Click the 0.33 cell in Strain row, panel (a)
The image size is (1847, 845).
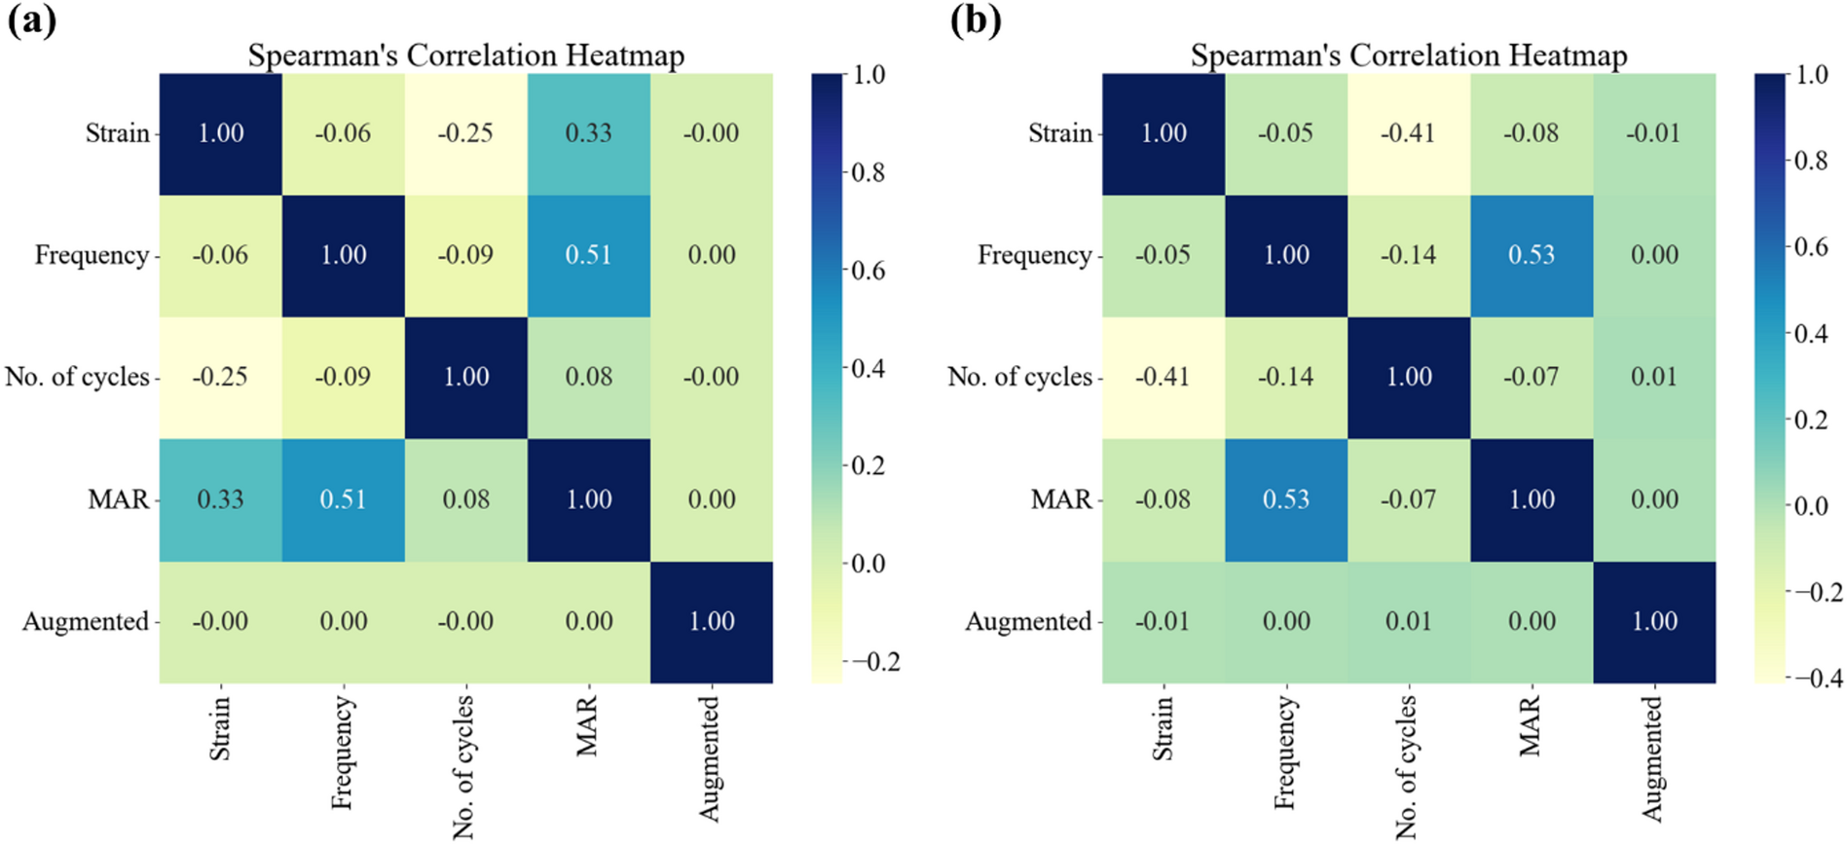point(588,133)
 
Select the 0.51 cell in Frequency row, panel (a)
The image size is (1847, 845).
point(588,255)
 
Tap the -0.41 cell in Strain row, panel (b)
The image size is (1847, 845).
point(1408,133)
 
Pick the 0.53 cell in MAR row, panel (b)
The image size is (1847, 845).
point(1285,499)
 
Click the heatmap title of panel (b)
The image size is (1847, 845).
point(1408,55)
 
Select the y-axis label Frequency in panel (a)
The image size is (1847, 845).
point(92,255)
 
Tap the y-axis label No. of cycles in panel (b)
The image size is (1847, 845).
point(1019,377)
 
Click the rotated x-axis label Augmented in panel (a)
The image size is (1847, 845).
point(710,758)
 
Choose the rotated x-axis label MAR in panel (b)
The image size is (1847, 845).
point(1530,726)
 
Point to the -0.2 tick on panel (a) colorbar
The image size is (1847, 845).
point(875,662)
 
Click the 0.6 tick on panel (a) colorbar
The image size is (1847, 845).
point(868,271)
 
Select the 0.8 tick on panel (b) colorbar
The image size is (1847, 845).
point(1811,161)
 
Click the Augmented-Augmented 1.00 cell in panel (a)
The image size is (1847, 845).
point(711,622)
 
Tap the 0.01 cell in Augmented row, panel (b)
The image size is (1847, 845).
point(1408,622)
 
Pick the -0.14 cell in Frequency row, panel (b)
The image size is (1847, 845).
point(1408,255)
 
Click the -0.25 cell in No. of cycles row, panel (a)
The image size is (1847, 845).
point(220,377)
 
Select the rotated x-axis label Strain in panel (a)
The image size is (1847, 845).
point(220,727)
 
